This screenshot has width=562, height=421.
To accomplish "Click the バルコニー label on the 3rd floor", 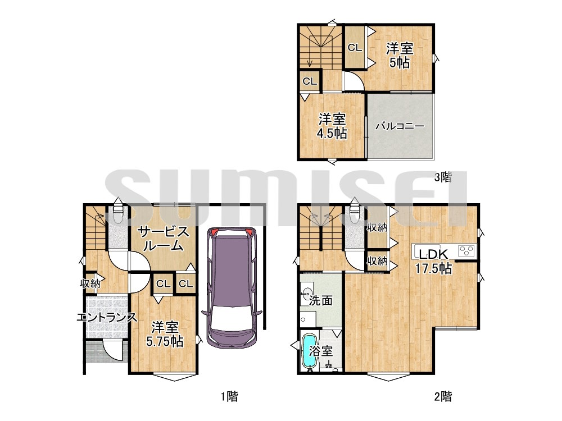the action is pyautogui.click(x=400, y=126).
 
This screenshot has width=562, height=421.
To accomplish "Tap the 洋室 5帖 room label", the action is pyautogui.click(x=400, y=56).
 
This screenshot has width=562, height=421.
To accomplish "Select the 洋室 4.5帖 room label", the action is pyautogui.click(x=332, y=126).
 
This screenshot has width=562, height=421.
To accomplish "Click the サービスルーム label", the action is pyautogui.click(x=164, y=239).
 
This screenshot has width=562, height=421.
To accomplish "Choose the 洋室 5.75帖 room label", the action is pyautogui.click(x=165, y=334).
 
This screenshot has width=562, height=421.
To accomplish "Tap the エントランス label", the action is pyautogui.click(x=107, y=318).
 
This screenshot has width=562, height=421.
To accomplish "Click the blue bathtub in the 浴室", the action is pyautogui.click(x=310, y=351).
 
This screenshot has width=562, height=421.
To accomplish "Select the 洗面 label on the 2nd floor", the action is pyautogui.click(x=321, y=300).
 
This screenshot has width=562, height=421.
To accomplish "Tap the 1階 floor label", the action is pyautogui.click(x=229, y=396).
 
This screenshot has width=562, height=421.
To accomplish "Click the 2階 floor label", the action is pyautogui.click(x=443, y=396).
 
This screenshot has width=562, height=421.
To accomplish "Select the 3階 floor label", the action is pyautogui.click(x=443, y=177).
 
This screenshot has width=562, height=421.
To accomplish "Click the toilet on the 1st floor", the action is pyautogui.click(x=117, y=214).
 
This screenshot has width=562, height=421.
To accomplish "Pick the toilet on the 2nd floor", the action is pyautogui.click(x=354, y=214).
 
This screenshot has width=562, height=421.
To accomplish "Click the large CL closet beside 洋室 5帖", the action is pyautogui.click(x=355, y=47).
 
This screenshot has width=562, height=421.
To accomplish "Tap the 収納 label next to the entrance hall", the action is pyautogui.click(x=90, y=283).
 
